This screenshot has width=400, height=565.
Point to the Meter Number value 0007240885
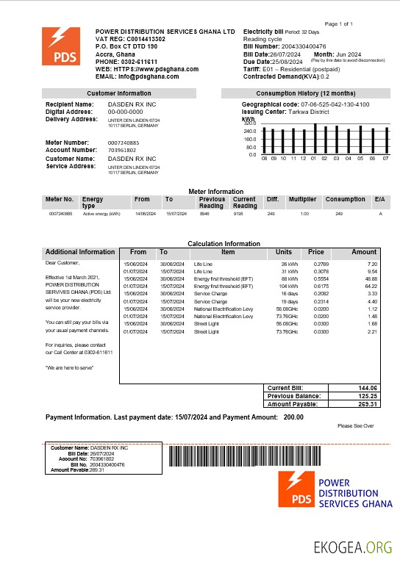[124, 142]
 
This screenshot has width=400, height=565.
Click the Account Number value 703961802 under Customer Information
[122, 149]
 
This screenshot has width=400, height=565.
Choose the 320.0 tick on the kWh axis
[251, 123]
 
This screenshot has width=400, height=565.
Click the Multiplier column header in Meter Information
[302, 199]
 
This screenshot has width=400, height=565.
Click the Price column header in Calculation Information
[316, 252]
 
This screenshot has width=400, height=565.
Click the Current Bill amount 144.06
[368, 388]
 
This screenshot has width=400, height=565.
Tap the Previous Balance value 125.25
[368, 396]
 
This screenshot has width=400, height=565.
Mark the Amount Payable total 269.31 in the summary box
[368, 404]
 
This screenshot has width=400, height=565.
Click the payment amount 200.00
[293, 417]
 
